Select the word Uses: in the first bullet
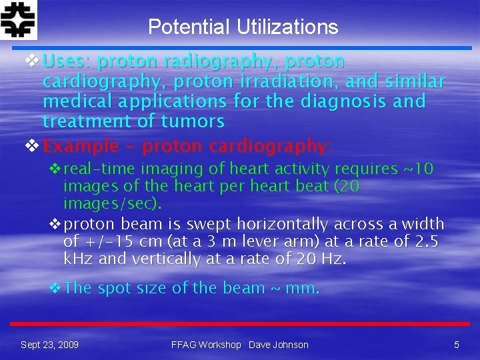[x=67, y=62]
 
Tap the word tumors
[x=193, y=121]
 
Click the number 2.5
[x=424, y=241]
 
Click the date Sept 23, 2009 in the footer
[x=49, y=345]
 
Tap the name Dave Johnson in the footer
[x=279, y=345]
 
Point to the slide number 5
[x=457, y=345]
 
